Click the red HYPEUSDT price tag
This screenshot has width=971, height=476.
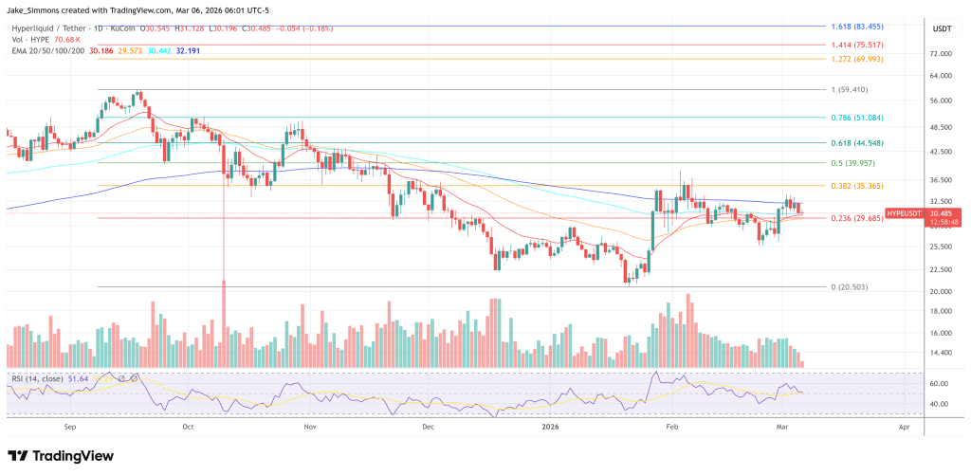point(903,214)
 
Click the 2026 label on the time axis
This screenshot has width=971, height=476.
point(550,427)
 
